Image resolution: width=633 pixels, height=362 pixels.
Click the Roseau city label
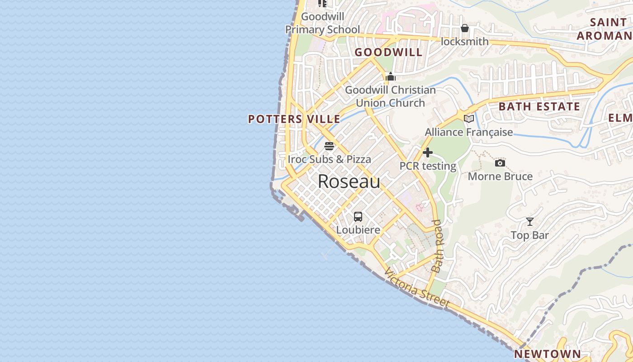349,181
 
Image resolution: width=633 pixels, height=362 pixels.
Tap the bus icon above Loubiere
358,216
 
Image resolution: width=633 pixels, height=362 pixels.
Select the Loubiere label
358,230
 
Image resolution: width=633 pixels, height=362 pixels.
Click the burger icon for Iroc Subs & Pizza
329,146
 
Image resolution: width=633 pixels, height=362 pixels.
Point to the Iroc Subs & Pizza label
329,159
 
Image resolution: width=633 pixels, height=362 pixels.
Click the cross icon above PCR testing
428,152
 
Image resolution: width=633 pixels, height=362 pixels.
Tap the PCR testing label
428,166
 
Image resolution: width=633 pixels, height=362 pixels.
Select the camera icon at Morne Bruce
500,163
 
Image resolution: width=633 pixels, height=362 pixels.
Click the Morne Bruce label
500,176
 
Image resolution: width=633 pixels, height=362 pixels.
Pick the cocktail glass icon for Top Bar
530,222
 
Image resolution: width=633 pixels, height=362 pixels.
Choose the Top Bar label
530,235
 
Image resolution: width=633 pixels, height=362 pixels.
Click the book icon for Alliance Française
469,119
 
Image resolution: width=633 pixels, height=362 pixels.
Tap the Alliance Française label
469,132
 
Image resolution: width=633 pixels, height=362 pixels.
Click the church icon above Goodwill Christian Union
391,76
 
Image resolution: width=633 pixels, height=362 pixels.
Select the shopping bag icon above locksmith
465,29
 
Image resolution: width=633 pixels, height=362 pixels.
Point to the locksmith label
465,42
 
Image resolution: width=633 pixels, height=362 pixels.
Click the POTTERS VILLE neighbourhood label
294,119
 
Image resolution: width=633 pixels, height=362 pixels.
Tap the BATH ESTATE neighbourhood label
539,107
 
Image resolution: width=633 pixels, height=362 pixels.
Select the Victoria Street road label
417,288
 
